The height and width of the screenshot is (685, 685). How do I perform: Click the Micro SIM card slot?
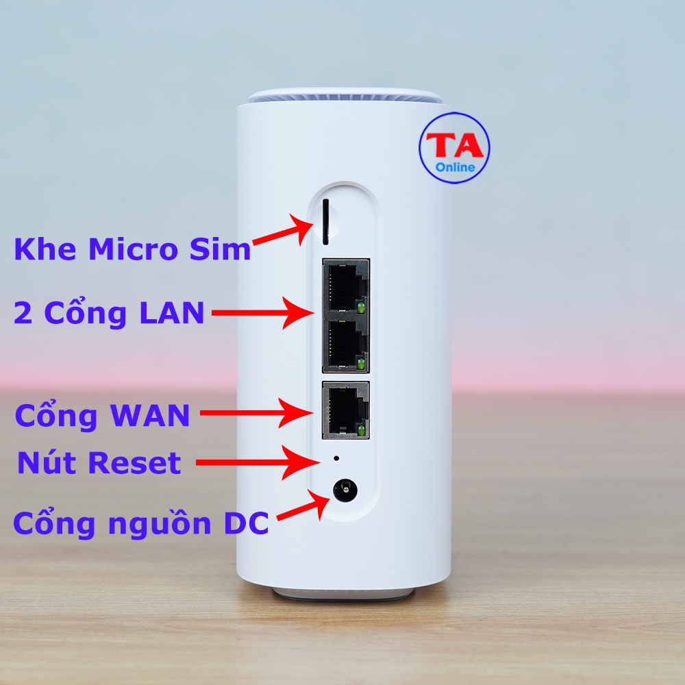pos(326,221)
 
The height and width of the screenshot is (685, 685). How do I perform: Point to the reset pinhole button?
pos(336,457)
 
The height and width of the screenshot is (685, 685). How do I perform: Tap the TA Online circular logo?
pos(454,149)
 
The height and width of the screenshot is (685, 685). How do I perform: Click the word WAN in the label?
pos(148,415)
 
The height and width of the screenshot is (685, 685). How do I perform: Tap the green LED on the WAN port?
pos(360,429)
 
